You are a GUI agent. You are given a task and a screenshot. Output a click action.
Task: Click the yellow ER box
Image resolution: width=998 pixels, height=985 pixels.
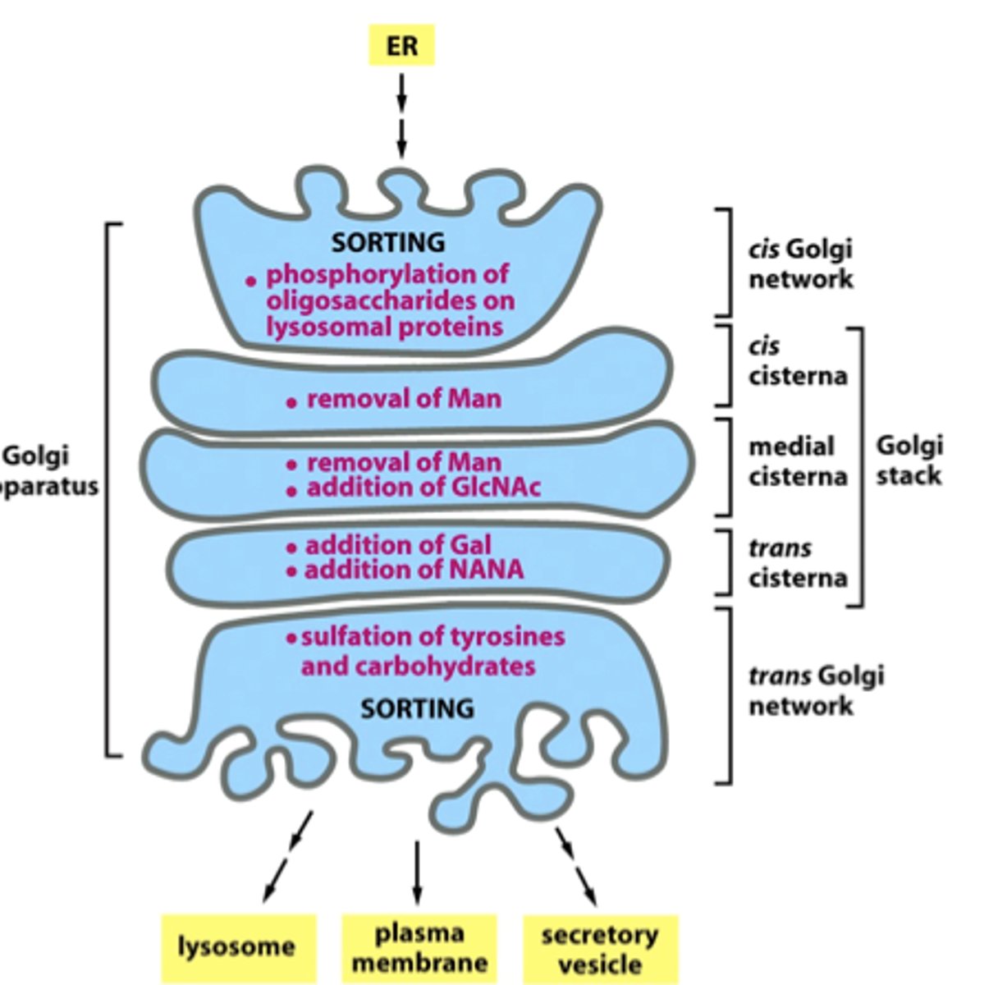click(401, 45)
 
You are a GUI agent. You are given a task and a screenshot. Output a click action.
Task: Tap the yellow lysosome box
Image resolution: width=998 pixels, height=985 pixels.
click(237, 947)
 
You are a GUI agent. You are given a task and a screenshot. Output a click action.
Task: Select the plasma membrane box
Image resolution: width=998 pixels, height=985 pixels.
click(419, 948)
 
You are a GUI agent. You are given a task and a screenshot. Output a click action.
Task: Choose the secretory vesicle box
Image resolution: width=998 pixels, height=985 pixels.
click(600, 949)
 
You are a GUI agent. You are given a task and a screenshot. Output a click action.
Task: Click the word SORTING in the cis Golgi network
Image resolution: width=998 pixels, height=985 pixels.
click(388, 242)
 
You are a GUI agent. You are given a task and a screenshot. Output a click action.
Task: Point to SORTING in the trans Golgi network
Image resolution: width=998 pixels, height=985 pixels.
click(418, 708)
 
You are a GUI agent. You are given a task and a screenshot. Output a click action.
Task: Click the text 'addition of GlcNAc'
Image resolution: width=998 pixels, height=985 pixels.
click(423, 488)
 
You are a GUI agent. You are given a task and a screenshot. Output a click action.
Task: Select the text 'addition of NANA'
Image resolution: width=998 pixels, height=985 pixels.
click(414, 570)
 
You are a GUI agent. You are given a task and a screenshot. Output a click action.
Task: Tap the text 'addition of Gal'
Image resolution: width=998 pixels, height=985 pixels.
click(398, 545)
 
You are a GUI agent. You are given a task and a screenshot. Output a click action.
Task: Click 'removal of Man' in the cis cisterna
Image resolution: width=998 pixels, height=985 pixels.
click(403, 399)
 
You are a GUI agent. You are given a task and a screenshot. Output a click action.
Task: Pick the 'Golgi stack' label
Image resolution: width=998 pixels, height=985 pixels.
click(909, 460)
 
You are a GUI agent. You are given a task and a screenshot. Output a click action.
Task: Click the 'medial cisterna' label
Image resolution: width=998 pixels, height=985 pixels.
click(797, 461)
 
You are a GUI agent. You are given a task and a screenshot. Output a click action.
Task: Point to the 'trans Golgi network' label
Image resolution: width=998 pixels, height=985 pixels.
click(816, 690)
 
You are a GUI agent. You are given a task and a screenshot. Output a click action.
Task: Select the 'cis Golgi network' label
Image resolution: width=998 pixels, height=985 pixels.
click(800, 263)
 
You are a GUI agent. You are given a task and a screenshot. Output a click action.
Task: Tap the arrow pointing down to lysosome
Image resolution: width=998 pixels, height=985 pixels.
click(287, 857)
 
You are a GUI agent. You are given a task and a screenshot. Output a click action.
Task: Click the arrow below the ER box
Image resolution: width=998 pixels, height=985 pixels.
click(401, 115)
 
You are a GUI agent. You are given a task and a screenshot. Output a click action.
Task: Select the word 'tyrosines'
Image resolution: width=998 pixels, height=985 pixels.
click(508, 637)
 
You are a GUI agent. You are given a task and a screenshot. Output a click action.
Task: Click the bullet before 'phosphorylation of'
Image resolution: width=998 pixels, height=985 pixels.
click(251, 281)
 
